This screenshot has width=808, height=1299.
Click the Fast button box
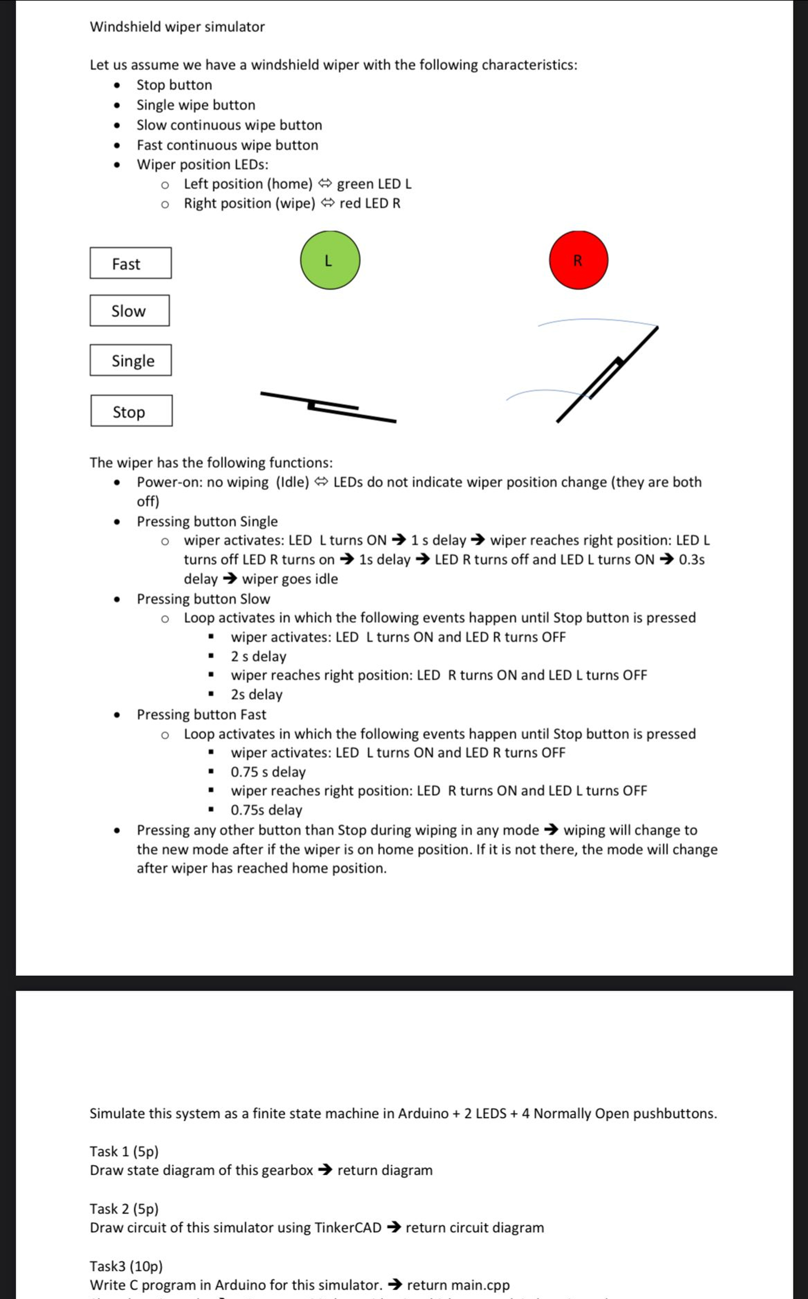pyautogui.click(x=131, y=263)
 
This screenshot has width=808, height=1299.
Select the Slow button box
pyautogui.click(x=129, y=310)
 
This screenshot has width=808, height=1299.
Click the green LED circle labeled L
pyautogui.click(x=330, y=260)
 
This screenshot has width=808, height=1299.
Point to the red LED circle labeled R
pyautogui.click(x=578, y=260)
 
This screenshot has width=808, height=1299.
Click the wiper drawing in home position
pyautogui.click(x=328, y=407)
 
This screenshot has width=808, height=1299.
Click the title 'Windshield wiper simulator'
pyautogui.click(x=177, y=27)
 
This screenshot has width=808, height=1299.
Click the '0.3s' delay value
pyautogui.click(x=692, y=559)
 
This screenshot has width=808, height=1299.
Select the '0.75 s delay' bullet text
pyautogui.click(x=268, y=772)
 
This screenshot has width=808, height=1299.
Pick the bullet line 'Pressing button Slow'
pyautogui.click(x=203, y=599)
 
